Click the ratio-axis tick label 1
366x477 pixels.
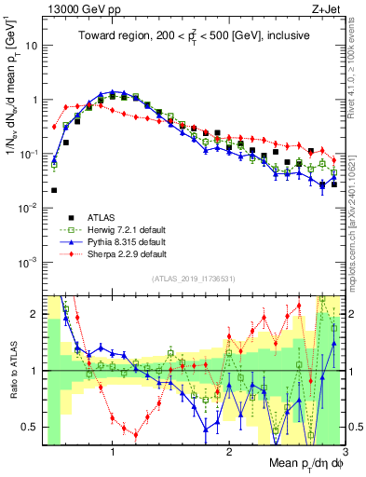click(x=35, y=371)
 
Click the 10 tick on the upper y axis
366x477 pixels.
click(x=32, y=45)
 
